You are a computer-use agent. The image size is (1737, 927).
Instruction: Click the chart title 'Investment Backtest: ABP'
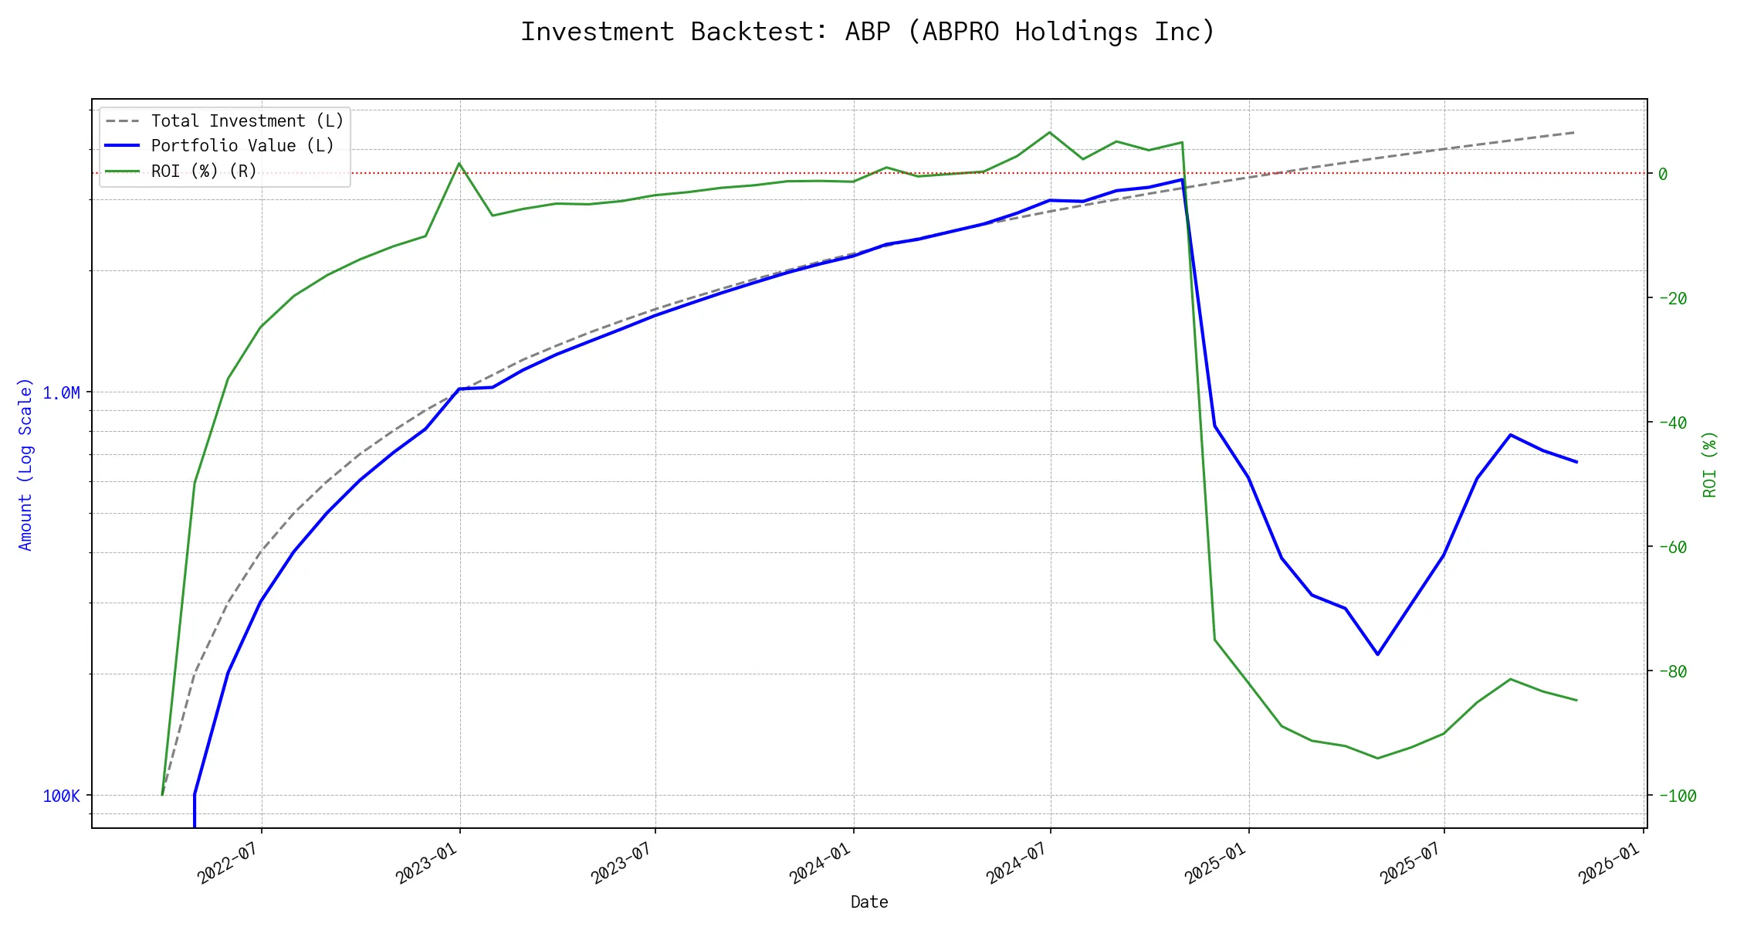pos(868,32)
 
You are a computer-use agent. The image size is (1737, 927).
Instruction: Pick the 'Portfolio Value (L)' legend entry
pos(242,146)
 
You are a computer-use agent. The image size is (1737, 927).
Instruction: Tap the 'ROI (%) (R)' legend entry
pos(204,171)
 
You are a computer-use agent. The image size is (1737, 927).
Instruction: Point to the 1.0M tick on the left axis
pos(61,393)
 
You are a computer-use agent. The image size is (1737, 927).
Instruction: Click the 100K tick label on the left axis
pos(61,796)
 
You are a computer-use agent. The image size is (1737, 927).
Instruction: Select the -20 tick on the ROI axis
pos(1671,298)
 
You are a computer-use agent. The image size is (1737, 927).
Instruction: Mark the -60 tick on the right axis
pos(1671,547)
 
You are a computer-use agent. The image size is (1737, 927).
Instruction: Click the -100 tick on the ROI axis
pos(1676,796)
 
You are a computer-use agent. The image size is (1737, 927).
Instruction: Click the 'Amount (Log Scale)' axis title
pos(25,464)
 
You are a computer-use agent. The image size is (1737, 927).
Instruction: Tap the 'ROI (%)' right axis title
pos(1709,464)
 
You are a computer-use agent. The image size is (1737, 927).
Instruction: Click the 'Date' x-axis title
pos(869,902)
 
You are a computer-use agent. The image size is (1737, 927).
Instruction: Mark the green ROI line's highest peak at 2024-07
pos(1049,132)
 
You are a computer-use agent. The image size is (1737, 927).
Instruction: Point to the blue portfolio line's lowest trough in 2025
pos(1378,654)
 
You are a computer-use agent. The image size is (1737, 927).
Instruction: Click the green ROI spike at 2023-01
pos(459,163)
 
